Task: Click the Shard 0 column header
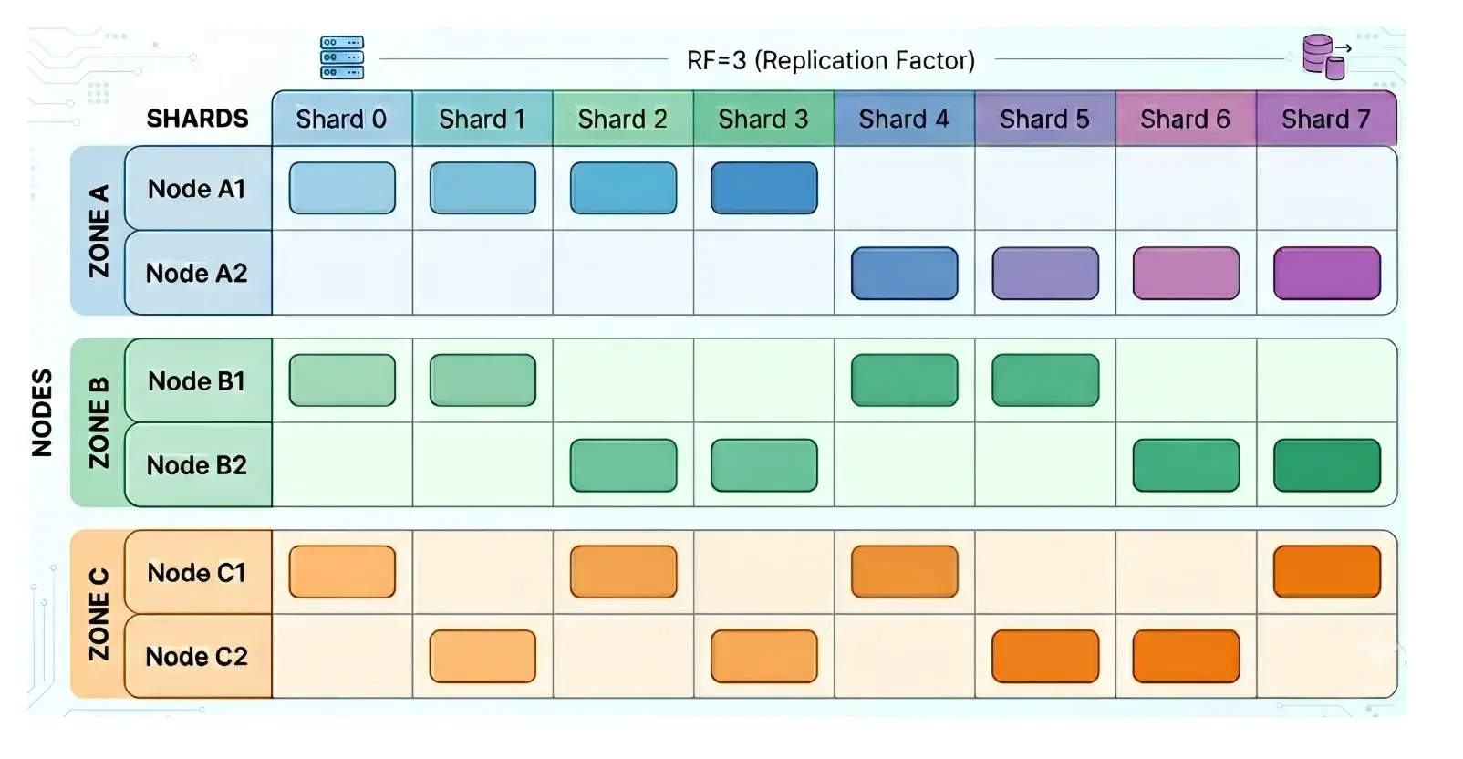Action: [x=342, y=119]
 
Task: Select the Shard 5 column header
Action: [x=1045, y=119]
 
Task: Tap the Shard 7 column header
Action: [x=1326, y=119]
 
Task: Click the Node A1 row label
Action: [x=198, y=188]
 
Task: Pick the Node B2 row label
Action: [x=198, y=465]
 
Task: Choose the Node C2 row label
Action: [x=198, y=657]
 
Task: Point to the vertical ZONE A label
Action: [x=99, y=231]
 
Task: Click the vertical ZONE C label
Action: [x=99, y=615]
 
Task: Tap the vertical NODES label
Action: [x=42, y=413]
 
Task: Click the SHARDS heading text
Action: [x=197, y=119]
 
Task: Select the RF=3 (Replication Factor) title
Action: [x=831, y=60]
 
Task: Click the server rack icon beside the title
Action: [x=342, y=57]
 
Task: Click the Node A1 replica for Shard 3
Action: [x=764, y=188]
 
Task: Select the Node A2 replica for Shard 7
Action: [x=1327, y=273]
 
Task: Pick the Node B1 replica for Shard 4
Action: [x=905, y=380]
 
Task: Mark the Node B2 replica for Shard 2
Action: [x=624, y=465]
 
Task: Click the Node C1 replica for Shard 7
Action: [x=1327, y=572]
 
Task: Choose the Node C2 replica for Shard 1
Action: [x=482, y=657]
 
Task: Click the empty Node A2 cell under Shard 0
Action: [x=342, y=273]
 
